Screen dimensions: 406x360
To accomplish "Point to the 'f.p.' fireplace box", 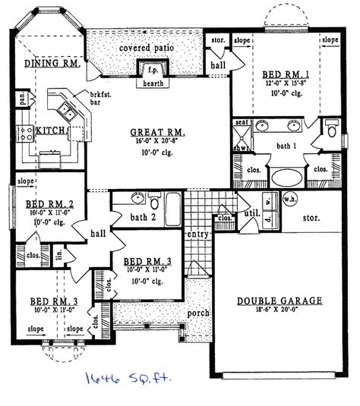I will tap(145, 68).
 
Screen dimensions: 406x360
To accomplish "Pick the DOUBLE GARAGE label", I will tap(279, 301).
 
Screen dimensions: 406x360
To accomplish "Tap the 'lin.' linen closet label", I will tap(58, 251).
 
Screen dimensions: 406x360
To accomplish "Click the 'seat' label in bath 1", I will tap(242, 121).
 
